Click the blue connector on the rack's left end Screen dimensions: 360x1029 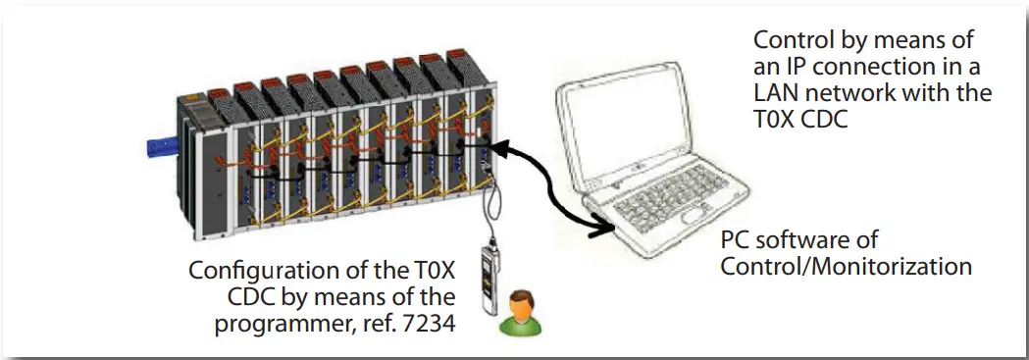point(157,148)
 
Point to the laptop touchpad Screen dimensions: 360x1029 point(694,213)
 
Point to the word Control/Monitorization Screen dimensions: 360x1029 point(846,265)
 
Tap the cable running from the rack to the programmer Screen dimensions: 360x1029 point(492,206)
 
